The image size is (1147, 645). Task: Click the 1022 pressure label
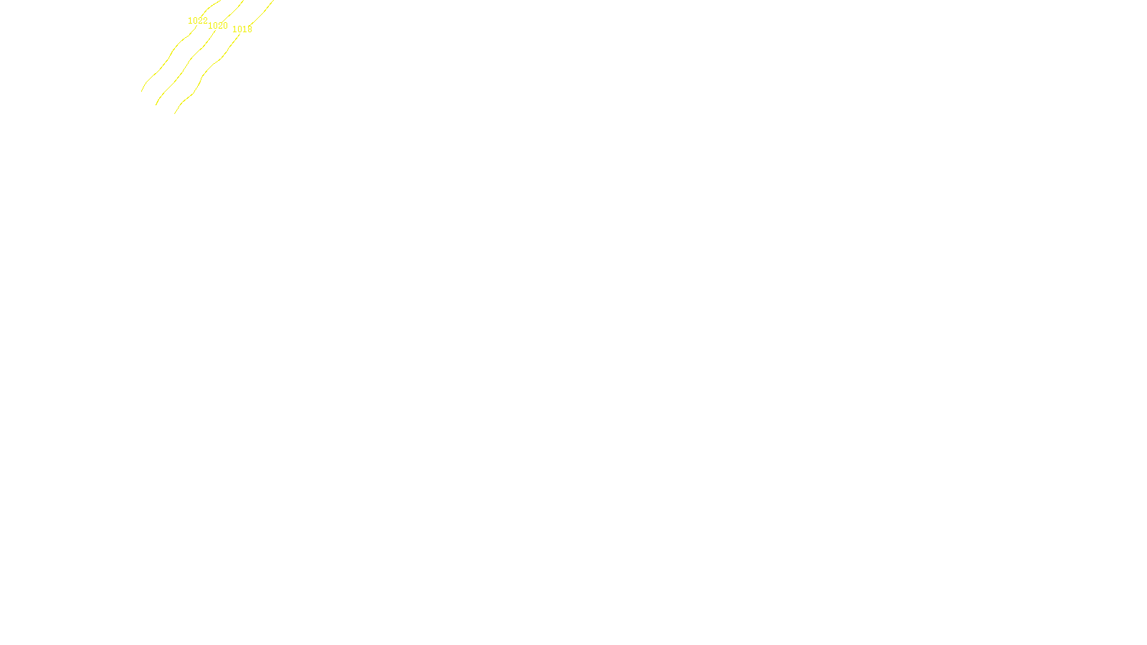click(197, 21)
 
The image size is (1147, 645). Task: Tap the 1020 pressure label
click(217, 26)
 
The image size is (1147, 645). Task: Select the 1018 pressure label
click(242, 29)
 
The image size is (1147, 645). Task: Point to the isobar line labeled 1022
click(165, 60)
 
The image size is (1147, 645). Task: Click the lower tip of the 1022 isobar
click(142, 91)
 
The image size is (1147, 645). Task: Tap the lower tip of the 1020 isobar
click(156, 105)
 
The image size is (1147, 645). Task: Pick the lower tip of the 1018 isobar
click(175, 113)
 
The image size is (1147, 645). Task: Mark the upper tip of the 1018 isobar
click(273, 1)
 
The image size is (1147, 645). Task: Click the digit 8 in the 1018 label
click(249, 29)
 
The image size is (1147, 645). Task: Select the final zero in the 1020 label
click(225, 26)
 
